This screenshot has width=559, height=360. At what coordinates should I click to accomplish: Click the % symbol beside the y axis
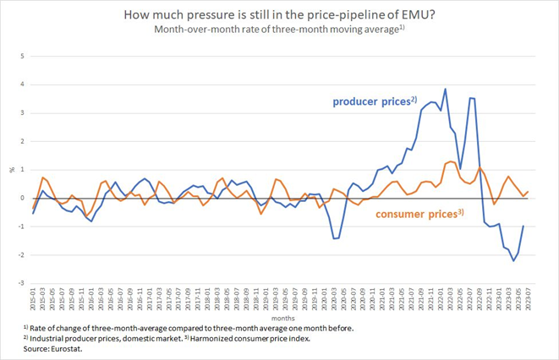[12, 170]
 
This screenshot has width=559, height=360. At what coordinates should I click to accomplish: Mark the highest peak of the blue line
[445, 89]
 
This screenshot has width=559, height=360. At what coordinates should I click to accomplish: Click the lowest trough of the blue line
[513, 261]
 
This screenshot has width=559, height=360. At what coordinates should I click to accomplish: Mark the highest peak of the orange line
[451, 161]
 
